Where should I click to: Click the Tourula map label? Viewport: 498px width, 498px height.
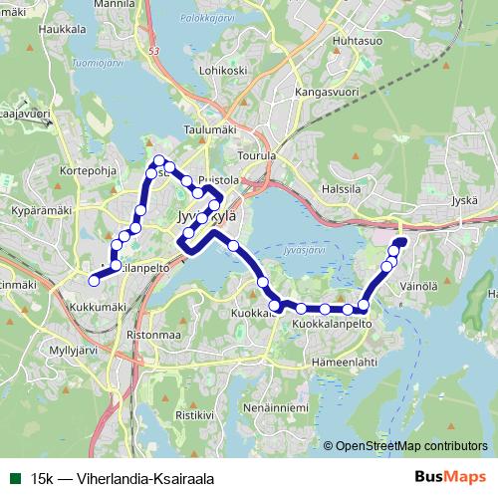258,156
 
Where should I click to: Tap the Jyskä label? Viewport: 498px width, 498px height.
464,200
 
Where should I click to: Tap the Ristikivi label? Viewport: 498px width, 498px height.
194,413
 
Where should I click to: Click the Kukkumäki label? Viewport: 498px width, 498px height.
98,307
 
